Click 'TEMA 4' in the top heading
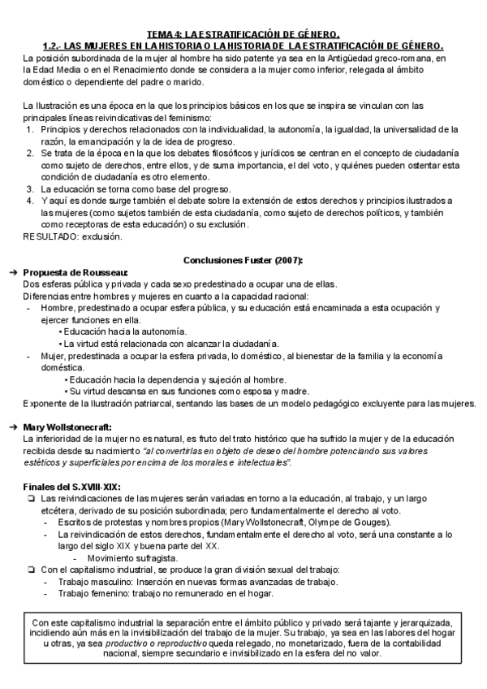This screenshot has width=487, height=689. coord(162,34)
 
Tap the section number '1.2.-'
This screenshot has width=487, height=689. coord(54,45)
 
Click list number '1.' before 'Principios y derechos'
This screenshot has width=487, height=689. coord(31,129)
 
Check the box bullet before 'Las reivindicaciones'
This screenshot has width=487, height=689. coord(30,498)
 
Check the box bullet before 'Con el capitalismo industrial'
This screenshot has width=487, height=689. coord(30,570)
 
